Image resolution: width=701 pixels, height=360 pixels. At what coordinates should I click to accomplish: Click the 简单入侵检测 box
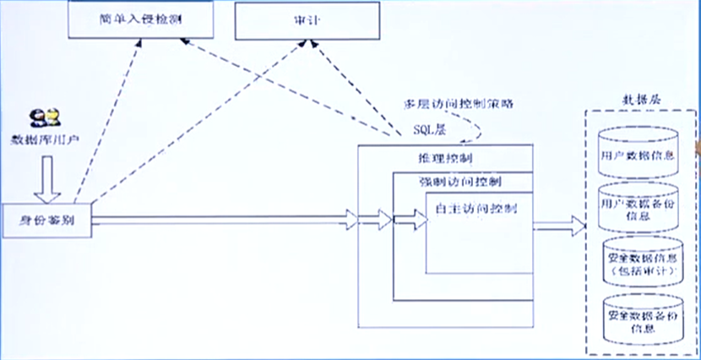136,19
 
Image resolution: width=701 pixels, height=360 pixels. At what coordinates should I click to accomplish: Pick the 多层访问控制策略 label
459,104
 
